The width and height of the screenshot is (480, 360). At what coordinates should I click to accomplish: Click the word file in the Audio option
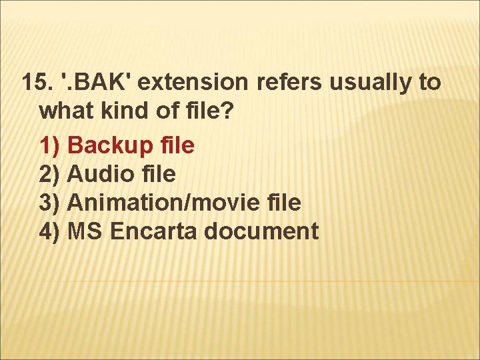click(158, 174)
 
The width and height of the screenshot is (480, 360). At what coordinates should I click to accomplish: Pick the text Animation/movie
click(157, 203)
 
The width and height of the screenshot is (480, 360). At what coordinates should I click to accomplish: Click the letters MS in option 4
click(85, 232)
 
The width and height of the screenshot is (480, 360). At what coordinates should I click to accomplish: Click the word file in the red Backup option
click(177, 145)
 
